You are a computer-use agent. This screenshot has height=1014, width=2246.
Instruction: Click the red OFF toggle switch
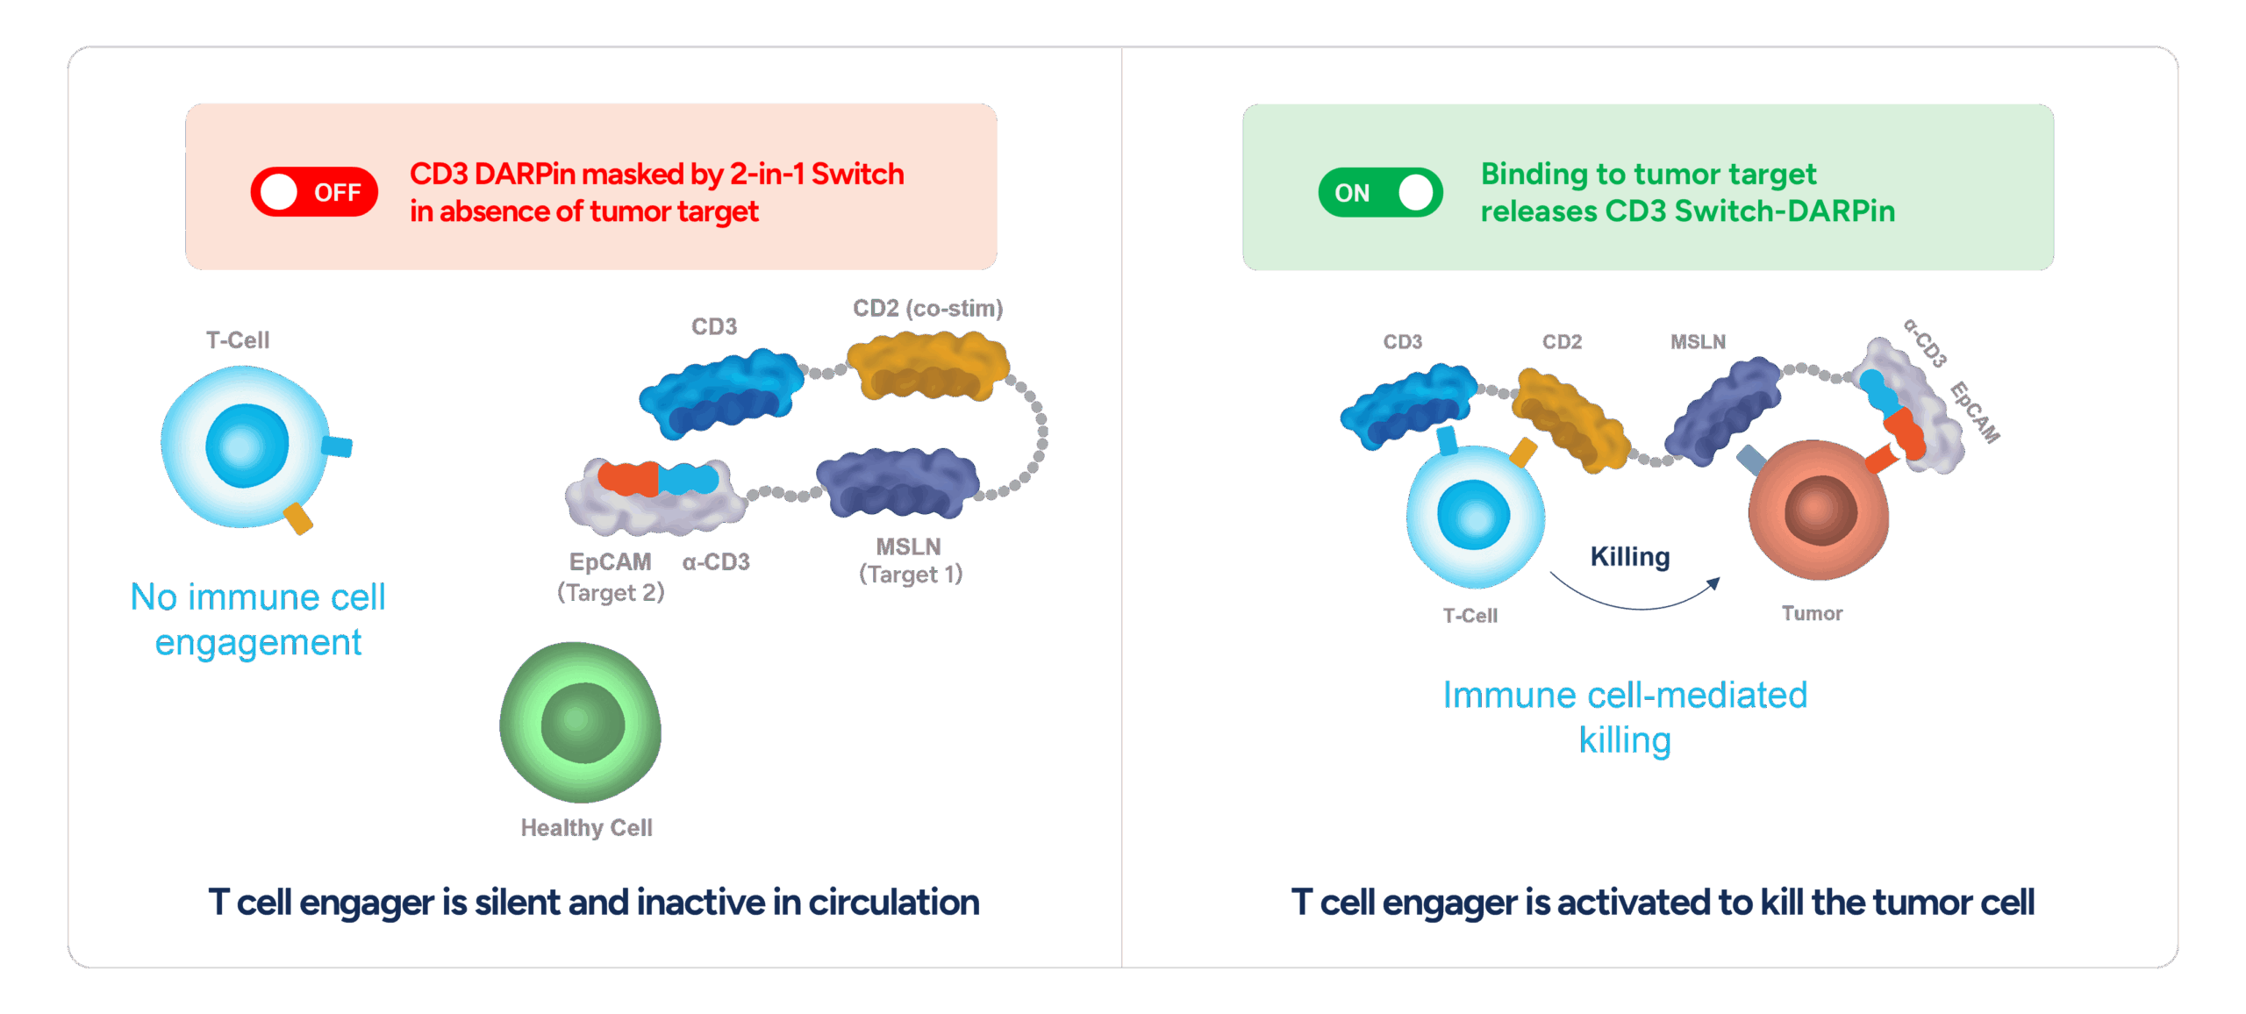tap(314, 192)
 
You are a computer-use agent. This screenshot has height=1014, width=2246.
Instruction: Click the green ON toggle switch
tap(1380, 192)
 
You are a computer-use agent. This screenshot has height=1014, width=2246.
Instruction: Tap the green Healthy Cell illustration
tap(580, 722)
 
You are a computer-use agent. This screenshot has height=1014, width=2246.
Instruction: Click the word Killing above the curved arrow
tap(1630, 557)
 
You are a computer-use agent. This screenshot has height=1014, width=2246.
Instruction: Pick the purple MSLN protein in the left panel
tap(898, 482)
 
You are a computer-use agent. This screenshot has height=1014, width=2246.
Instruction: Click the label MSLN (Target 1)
tap(910, 561)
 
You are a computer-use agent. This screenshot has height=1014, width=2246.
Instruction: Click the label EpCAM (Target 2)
tap(611, 577)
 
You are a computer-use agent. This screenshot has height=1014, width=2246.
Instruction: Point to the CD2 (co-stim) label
tap(927, 309)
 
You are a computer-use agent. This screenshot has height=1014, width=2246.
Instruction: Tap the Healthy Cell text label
tap(586, 828)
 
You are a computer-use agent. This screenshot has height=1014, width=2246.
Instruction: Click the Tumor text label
tap(1812, 614)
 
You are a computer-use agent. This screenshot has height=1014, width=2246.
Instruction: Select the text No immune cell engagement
tap(258, 619)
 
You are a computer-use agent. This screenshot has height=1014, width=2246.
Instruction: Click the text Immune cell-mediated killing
tap(1625, 717)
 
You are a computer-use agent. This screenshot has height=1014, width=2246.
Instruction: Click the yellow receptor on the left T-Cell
tap(298, 518)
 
